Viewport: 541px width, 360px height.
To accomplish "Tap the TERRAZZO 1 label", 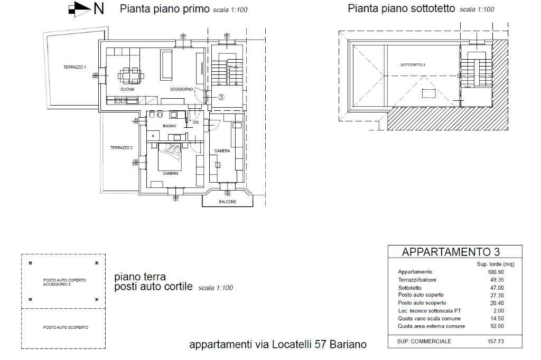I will (74, 67).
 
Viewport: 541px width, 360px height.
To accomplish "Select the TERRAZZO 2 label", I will (121, 148).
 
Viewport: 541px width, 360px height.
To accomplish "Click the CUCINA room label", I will (127, 89).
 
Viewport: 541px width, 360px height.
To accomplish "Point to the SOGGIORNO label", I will (181, 89).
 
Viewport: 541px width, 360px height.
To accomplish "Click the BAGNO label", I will (169, 126).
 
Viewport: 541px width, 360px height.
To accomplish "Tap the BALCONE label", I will (228, 202).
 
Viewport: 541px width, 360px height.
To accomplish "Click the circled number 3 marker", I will (221, 97).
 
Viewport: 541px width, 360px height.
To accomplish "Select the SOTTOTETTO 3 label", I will (413, 65).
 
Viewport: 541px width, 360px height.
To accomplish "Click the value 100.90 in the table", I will (496, 272).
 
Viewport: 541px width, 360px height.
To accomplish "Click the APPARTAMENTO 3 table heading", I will (451, 252).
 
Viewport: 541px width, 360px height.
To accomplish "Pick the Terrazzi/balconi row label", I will (417, 280).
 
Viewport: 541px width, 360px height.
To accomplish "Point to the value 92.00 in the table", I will (497, 326).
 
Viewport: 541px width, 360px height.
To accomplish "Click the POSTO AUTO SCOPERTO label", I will (66, 327).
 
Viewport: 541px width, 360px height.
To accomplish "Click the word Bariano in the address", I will (348, 345).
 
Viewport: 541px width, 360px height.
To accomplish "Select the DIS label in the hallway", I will (195, 122).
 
